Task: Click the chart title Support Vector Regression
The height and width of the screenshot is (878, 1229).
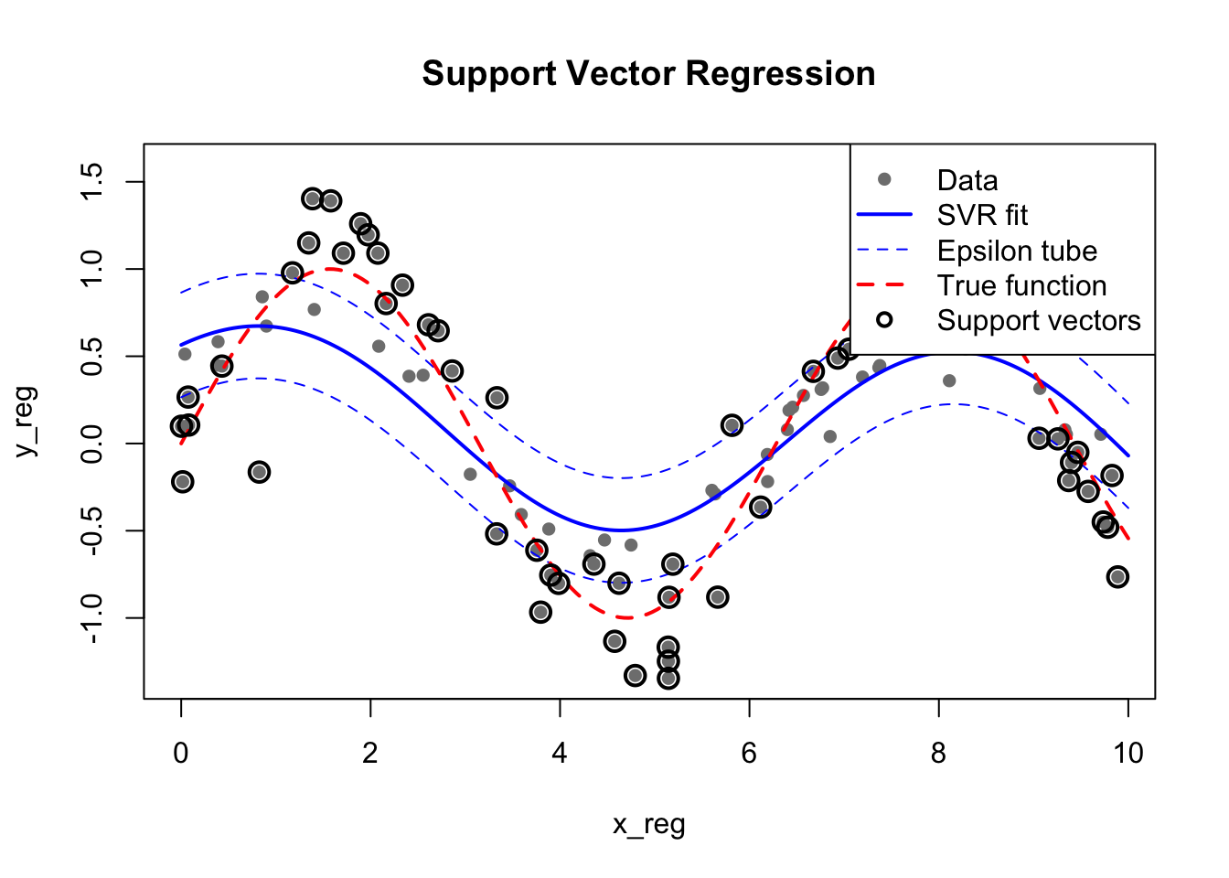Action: pos(648,74)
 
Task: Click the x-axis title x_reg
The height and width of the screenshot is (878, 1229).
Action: pos(648,825)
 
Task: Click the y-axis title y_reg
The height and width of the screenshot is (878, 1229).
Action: pos(27,422)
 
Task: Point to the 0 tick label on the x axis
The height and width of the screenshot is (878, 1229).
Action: pos(181,753)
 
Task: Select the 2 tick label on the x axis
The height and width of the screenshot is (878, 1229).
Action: pos(370,753)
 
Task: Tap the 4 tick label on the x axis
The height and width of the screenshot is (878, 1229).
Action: pos(560,753)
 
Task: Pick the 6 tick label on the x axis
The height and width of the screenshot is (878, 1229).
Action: pos(749,753)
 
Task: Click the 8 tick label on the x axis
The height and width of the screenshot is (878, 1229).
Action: pos(938,753)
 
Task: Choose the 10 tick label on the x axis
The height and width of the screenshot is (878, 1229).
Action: pos(1127,753)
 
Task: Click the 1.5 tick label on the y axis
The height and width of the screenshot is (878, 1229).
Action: pos(92,182)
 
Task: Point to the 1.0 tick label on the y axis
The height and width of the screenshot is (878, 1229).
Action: pos(92,269)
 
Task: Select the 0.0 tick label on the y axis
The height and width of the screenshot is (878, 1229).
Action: pos(92,444)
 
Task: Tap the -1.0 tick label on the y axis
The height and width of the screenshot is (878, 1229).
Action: pos(92,618)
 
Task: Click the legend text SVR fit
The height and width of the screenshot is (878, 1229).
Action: pos(982,216)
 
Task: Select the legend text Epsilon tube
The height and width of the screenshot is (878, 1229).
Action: pos(1017,251)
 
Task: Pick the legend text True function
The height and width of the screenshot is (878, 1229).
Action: pos(1021,285)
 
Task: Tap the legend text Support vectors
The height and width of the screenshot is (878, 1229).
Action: pos(1039,320)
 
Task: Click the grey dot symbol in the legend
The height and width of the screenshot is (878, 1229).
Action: pos(884,179)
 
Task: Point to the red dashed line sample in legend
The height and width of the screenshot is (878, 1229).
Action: pos(884,285)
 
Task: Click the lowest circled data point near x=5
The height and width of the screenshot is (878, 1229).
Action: pos(668,678)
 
